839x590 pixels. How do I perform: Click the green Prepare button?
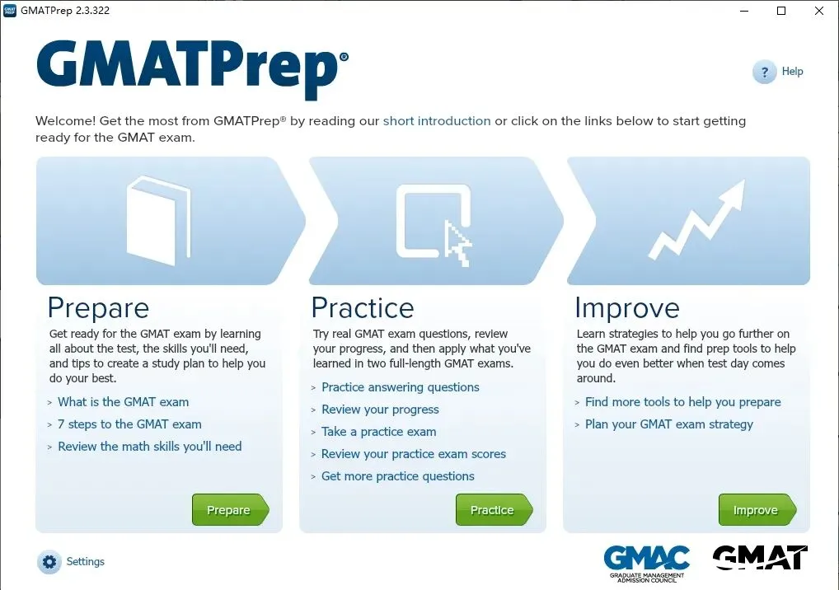coord(229,510)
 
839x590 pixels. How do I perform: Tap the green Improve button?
coord(756,510)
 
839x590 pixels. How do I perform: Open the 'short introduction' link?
coord(437,121)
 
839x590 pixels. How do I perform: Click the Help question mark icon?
coord(765,72)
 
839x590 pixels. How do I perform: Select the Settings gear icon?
coord(49,562)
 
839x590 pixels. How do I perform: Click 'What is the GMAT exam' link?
coord(123,402)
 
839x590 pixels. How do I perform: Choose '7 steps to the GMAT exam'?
coord(129,424)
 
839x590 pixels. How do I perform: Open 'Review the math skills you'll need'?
coord(149,447)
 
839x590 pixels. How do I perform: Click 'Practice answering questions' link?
coord(400,387)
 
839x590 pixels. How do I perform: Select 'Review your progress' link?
coord(380,410)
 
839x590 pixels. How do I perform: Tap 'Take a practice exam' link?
coord(378,432)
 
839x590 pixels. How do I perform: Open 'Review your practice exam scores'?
coord(413,454)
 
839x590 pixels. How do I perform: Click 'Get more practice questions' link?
coord(397,476)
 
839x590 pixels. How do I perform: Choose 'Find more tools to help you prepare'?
coord(682,402)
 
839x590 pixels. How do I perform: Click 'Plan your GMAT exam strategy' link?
coord(668,424)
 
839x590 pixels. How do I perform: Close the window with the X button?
coord(818,11)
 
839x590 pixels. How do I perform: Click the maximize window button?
coord(781,11)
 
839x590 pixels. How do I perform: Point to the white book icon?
coord(157,221)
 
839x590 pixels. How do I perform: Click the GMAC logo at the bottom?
coord(646,562)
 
